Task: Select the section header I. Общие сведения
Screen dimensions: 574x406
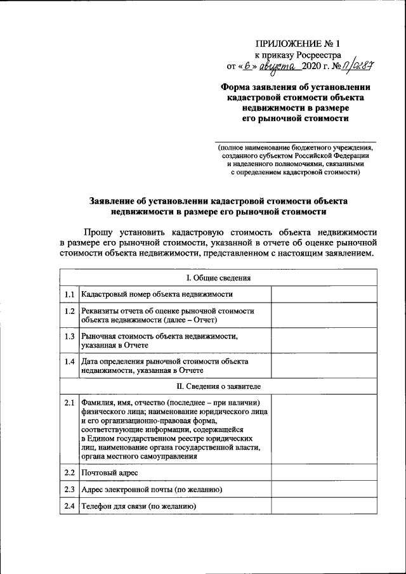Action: click(218, 278)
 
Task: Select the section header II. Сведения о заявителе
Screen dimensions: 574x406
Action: click(218, 386)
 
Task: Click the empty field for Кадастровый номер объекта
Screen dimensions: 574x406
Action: click(324, 294)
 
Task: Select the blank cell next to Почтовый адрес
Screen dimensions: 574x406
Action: click(324, 473)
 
